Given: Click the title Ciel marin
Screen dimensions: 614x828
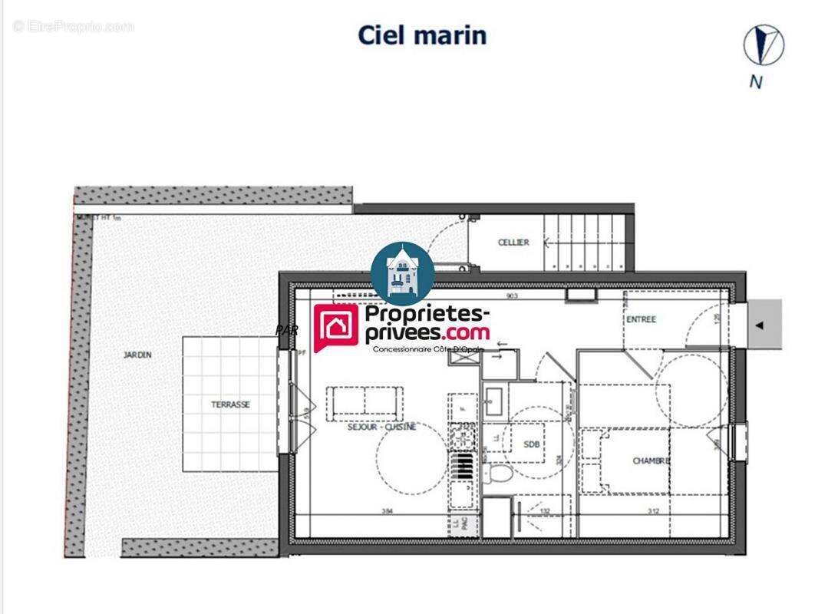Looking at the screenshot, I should [x=422, y=35].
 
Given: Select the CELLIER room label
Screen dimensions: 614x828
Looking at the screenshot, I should [x=513, y=243].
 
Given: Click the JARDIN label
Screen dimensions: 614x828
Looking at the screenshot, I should [x=137, y=355].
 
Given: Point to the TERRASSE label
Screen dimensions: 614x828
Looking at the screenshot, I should [x=230, y=404].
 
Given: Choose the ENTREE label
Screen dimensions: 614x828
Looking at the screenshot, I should [x=641, y=319].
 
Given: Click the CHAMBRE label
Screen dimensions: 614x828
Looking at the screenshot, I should [x=651, y=460].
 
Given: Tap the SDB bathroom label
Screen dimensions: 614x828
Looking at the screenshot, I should [x=531, y=444].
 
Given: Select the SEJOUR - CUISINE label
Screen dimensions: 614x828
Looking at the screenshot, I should [x=381, y=427].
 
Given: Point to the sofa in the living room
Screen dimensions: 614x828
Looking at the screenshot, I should [x=365, y=402].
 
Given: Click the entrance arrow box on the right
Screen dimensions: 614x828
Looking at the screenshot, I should [x=761, y=325].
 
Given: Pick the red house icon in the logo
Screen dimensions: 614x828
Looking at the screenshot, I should [x=335, y=328].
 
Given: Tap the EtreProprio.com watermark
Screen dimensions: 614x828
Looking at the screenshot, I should [x=73, y=26].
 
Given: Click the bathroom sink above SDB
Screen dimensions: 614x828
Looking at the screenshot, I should [x=493, y=399].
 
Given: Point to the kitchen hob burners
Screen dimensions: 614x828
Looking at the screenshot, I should [x=463, y=437].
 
